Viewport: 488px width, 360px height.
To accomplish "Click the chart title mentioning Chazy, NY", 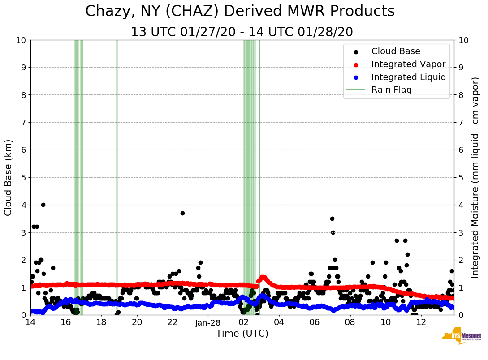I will click(240, 11).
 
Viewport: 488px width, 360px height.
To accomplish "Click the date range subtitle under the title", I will click(242, 32).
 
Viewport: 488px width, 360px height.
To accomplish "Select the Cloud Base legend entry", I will click(395, 51).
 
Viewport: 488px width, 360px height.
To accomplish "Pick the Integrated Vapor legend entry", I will click(408, 64).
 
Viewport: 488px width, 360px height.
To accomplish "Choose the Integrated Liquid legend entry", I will click(408, 77).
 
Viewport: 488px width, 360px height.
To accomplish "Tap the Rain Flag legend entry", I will click(391, 90).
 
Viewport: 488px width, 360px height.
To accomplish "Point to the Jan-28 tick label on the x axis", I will click(208, 322).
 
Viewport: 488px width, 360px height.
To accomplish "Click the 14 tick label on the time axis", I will click(30, 322).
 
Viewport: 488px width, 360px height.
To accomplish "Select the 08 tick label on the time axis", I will click(350, 322).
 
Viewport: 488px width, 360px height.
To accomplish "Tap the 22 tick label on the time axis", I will click(173, 322).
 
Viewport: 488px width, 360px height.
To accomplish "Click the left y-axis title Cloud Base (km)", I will click(8, 177).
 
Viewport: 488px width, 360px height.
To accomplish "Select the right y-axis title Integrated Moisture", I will click(475, 177).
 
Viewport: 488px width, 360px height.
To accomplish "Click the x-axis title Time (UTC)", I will click(242, 334).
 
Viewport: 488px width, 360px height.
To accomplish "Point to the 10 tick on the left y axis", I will click(21, 40).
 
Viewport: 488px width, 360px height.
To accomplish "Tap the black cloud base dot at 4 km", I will click(43, 205).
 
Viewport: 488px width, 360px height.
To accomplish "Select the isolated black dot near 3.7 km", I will click(182, 213).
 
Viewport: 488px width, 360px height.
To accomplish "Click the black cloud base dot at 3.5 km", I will click(332, 219).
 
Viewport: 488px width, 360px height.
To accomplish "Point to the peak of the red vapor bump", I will click(263, 277).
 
